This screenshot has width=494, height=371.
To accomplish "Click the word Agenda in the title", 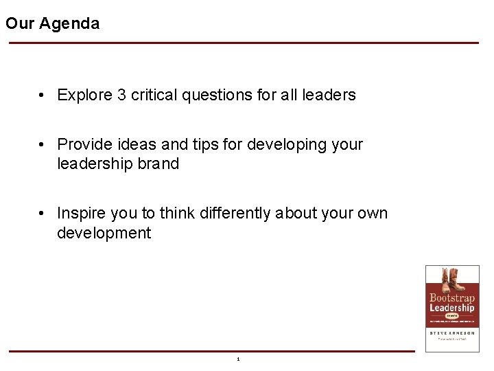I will (x=69, y=23).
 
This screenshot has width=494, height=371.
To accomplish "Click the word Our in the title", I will (x=20, y=23).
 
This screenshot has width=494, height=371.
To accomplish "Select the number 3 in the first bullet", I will (x=121, y=95).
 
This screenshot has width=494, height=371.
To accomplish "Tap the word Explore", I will (x=84, y=95).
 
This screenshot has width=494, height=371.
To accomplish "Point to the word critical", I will (x=154, y=95).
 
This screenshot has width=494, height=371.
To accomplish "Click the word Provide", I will (x=84, y=144).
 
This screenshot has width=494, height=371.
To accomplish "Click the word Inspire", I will (x=82, y=213).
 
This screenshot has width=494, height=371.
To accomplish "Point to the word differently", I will (x=235, y=213).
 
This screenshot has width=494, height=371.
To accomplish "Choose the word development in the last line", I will (x=104, y=233).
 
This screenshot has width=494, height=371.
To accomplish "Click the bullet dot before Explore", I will (x=43, y=95).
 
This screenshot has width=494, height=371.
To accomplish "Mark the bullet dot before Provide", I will (x=43, y=144).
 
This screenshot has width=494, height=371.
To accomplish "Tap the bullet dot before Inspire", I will (x=43, y=213).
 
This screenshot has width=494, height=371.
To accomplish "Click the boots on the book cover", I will (x=452, y=280).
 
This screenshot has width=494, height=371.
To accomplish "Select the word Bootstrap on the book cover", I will (x=452, y=298).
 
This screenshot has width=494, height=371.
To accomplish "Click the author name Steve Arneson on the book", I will (x=452, y=333).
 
